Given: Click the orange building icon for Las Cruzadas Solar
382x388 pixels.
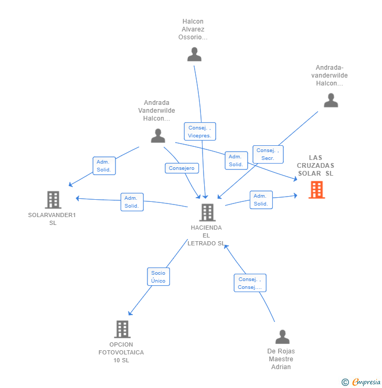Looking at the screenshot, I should (x=316, y=190).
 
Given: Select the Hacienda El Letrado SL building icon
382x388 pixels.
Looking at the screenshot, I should (x=207, y=212).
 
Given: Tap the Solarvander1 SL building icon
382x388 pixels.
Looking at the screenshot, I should (x=53, y=200).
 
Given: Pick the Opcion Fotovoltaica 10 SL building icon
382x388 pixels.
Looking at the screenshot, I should (x=122, y=329).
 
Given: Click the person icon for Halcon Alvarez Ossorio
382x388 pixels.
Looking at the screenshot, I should (x=194, y=55).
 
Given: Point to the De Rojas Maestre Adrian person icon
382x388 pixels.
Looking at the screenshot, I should (x=282, y=337).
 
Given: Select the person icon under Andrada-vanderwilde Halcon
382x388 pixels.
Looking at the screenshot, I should (x=331, y=100).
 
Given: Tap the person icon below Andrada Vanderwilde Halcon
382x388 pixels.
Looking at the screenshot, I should (x=158, y=136).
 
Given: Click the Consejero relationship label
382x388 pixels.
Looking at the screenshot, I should (x=182, y=168).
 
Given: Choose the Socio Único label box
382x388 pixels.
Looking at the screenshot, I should (x=158, y=277).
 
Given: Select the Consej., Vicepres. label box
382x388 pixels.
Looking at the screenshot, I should (x=199, y=132).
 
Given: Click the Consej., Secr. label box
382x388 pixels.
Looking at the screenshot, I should (x=268, y=154).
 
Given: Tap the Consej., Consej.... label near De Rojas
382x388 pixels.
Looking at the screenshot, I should (x=250, y=283).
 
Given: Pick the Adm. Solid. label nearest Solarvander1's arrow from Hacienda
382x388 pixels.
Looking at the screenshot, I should (x=132, y=202).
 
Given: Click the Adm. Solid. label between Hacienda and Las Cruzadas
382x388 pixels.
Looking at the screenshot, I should (x=261, y=200).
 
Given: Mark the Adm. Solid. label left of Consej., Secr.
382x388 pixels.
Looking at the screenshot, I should (x=236, y=160).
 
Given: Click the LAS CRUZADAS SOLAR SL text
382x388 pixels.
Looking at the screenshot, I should (x=315, y=166).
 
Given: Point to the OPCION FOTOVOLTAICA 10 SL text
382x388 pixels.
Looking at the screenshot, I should (x=121, y=352).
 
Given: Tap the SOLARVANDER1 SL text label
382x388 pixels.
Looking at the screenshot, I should (x=52, y=219).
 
